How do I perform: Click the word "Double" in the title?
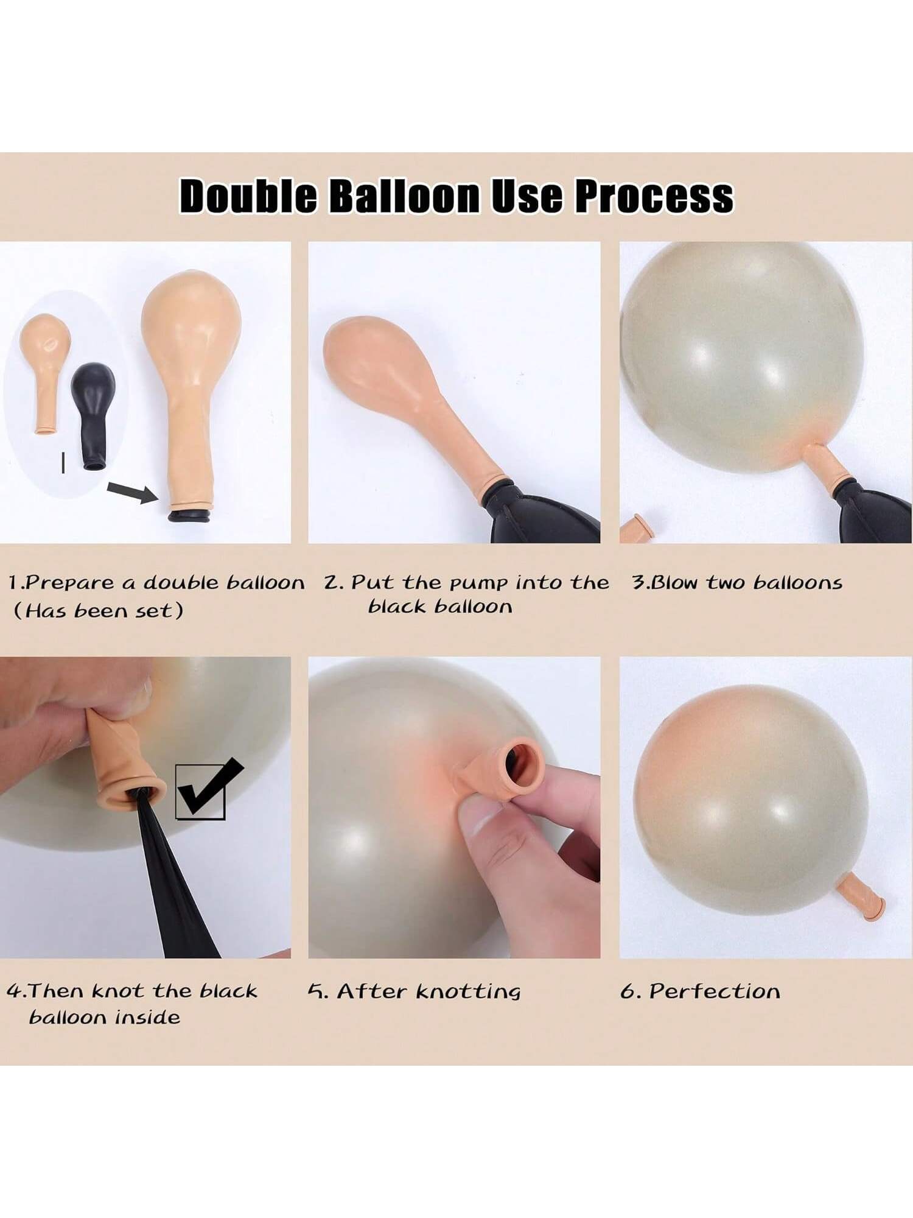[248, 196]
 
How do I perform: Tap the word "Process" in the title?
[654, 196]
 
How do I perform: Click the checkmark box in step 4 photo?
[201, 792]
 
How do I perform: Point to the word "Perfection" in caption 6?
[715, 991]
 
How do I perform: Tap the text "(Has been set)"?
[98, 610]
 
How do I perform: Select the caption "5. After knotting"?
[414, 991]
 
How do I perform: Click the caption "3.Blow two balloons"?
[737, 583]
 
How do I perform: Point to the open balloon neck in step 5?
[519, 761]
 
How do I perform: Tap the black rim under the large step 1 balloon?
[190, 516]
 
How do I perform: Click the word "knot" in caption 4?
[121, 991]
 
